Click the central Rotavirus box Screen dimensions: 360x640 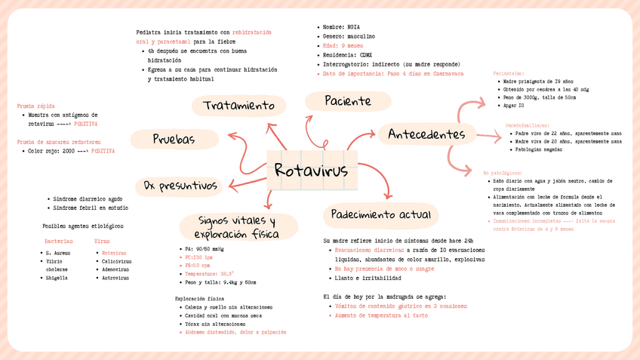pos(311,171)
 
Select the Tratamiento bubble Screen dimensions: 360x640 pos(238,106)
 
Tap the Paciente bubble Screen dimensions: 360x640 pos(347,101)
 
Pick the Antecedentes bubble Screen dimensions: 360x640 pos(426,134)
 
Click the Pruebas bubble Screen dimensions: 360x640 pos(174,139)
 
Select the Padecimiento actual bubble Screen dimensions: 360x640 pos(380,215)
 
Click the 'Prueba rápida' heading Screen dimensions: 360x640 pos(35,106)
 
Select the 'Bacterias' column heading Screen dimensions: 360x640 pos(58,242)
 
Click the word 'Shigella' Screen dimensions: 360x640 pos(57,278)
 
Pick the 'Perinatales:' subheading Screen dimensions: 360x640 pos(509,73)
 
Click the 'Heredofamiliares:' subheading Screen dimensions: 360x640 pos(528,125)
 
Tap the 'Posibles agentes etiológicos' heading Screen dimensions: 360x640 pos(82,226)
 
